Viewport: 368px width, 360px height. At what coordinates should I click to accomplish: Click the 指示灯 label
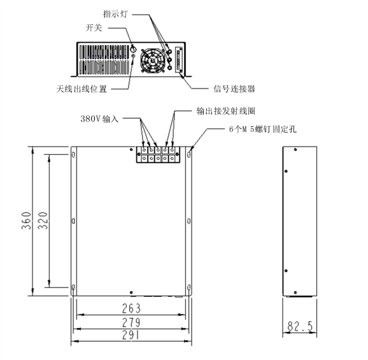[115, 14]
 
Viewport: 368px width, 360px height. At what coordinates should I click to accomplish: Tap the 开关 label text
[94, 28]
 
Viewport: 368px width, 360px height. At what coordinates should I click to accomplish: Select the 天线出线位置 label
[81, 89]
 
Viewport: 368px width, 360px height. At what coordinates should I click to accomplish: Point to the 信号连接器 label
[234, 89]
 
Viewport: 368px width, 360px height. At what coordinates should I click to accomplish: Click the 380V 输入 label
[99, 119]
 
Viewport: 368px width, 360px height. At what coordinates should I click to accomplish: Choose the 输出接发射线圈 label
[226, 111]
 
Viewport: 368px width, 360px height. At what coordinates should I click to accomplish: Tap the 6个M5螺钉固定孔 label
[262, 129]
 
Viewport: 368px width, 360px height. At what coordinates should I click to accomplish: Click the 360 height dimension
[26, 220]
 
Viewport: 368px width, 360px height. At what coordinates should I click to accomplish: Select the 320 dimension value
[43, 220]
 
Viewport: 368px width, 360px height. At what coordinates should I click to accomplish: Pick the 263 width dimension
[131, 308]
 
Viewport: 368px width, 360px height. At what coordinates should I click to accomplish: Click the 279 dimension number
[131, 322]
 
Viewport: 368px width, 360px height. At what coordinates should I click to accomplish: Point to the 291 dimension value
[131, 335]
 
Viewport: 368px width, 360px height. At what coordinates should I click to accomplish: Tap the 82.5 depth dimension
[300, 326]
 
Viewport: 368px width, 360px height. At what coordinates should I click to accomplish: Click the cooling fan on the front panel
[153, 61]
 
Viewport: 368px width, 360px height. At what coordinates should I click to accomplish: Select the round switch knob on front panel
[133, 49]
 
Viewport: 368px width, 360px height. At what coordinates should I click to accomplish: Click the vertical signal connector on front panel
[179, 60]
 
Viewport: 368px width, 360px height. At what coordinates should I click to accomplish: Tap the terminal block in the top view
[158, 155]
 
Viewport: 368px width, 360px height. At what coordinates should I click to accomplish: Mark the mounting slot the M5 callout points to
[189, 154]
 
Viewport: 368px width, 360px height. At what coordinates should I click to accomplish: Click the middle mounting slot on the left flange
[73, 220]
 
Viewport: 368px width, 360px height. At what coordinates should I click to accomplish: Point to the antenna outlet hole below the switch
[133, 56]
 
